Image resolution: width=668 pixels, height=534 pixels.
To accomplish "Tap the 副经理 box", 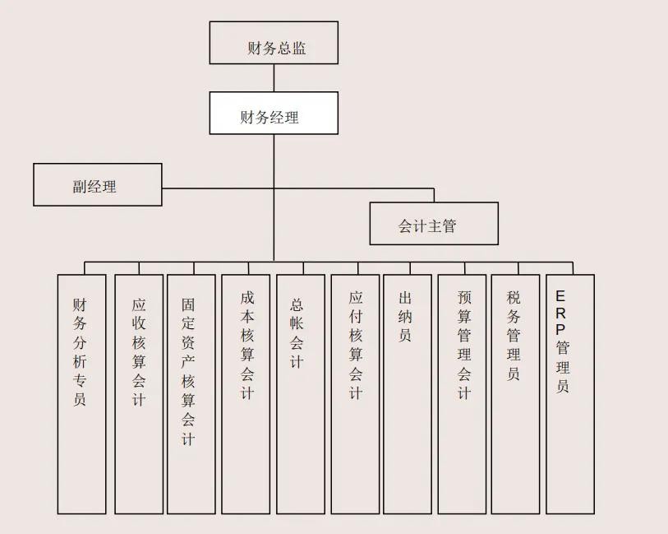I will pyautogui.click(x=97, y=184).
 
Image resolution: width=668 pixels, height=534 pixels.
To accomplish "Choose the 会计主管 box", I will pyautogui.click(x=434, y=224).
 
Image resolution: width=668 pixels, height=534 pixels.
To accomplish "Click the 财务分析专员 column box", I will pyautogui.click(x=81, y=393).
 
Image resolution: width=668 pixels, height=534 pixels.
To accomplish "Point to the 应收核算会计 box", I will pyautogui.click(x=139, y=393).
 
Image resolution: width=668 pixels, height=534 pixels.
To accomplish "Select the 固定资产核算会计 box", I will pyautogui.click(x=191, y=393).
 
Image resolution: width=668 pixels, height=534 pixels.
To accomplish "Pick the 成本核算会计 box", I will pyautogui.click(x=246, y=393).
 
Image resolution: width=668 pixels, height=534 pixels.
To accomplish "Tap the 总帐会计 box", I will pyautogui.click(x=300, y=393).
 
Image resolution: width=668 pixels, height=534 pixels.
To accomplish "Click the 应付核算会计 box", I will pyautogui.click(x=355, y=393).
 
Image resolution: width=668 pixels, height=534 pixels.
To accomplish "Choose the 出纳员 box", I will pyautogui.click(x=408, y=393).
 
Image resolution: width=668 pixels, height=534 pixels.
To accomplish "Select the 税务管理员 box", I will pyautogui.click(x=515, y=393).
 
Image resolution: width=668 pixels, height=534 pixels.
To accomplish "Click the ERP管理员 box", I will pyautogui.click(x=569, y=393).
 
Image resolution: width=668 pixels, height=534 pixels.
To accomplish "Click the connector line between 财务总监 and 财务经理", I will pyautogui.click(x=274, y=77).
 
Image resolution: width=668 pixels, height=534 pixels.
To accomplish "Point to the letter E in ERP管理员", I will pyautogui.click(x=561, y=295).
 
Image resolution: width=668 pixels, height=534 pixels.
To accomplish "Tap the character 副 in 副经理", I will pyautogui.click(x=79, y=187).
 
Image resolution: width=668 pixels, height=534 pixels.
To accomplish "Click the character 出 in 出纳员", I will pyautogui.click(x=405, y=297).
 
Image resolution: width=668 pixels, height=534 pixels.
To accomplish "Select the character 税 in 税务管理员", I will pyautogui.click(x=514, y=297).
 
